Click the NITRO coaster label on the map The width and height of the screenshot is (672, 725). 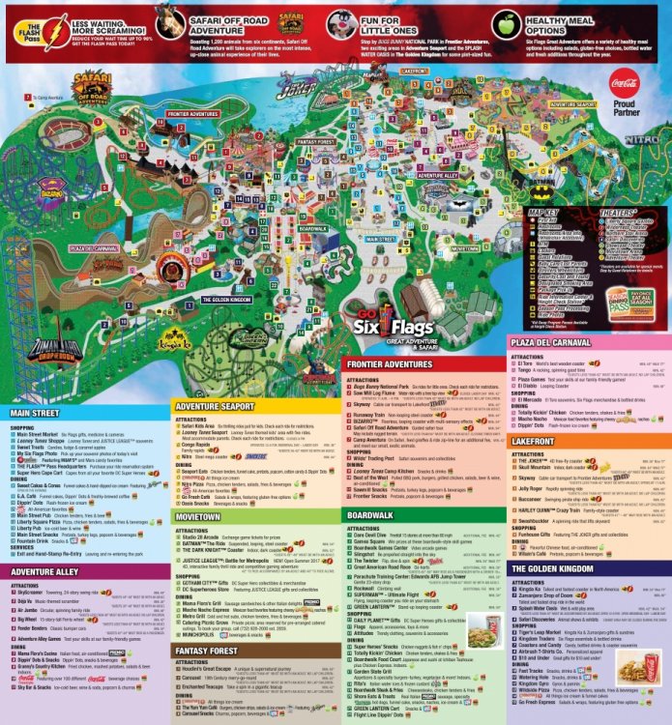[643, 139]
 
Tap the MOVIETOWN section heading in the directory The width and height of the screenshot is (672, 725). [198, 517]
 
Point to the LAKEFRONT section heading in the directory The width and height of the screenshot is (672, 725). [533, 440]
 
